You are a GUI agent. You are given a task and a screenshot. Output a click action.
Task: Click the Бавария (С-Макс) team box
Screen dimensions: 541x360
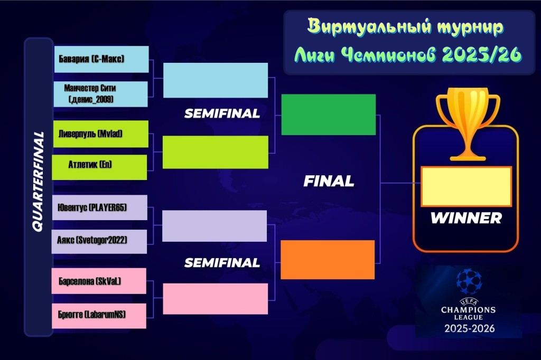click(x=101, y=59)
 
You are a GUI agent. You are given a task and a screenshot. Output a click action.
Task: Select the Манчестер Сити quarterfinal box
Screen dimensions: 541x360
click(x=100, y=94)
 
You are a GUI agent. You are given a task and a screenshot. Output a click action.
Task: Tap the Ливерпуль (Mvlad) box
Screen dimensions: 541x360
click(x=101, y=134)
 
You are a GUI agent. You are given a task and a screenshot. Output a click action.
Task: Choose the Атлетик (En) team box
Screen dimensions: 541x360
click(x=99, y=167)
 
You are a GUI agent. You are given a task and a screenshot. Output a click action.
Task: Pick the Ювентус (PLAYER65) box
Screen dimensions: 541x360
click(x=100, y=207)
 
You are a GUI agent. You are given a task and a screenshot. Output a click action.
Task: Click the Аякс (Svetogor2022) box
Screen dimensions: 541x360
click(x=99, y=241)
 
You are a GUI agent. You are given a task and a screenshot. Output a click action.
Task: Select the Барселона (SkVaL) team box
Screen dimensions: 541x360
click(x=99, y=281)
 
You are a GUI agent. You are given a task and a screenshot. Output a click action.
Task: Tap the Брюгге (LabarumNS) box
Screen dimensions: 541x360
click(x=99, y=316)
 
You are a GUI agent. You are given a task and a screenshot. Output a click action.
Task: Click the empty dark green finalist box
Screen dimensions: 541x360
click(x=329, y=115)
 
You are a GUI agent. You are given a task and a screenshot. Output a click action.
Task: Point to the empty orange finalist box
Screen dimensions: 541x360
click(x=328, y=260)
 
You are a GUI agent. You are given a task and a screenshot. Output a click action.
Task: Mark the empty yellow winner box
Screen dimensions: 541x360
click(x=466, y=186)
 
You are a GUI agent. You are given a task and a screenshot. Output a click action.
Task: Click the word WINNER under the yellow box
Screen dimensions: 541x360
click(x=466, y=218)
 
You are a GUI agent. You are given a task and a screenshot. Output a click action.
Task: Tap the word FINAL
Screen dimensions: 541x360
click(x=329, y=181)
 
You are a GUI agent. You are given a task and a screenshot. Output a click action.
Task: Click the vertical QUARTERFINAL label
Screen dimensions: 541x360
click(x=38, y=182)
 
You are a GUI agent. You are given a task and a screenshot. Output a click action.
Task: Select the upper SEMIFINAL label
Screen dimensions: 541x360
click(x=222, y=113)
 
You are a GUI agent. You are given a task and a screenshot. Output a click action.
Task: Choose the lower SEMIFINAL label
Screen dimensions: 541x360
click(x=222, y=263)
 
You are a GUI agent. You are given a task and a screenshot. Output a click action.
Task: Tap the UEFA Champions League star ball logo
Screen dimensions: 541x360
click(x=469, y=281)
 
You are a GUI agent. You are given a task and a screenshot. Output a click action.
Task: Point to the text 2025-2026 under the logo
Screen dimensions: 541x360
click(x=469, y=328)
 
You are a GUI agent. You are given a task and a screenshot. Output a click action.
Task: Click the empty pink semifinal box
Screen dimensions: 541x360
click(x=216, y=299)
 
